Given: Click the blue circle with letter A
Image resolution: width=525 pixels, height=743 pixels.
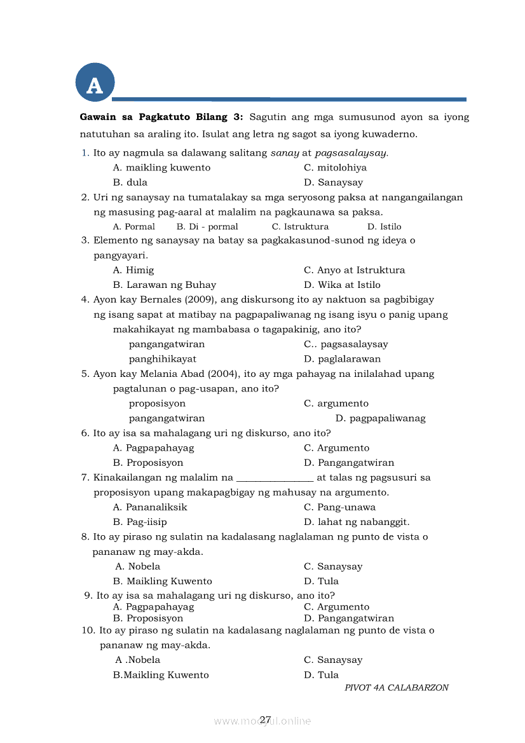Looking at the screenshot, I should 95,83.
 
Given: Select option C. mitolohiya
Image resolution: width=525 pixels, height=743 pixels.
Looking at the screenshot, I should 335,168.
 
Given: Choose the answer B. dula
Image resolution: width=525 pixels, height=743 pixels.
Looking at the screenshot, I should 130,182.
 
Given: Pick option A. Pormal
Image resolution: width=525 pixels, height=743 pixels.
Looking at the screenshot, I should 133,227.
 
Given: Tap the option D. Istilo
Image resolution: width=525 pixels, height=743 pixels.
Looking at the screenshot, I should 384,227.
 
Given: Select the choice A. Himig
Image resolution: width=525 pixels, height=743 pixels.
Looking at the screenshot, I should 133,270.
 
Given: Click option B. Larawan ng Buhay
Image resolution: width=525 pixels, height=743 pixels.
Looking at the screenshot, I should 165,285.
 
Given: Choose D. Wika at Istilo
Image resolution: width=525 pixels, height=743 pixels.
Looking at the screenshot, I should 342,285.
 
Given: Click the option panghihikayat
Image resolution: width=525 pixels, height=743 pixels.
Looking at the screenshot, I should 163,359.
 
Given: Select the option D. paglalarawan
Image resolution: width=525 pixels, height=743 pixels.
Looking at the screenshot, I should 342,359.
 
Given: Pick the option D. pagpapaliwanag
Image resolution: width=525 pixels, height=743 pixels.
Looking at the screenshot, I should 380,418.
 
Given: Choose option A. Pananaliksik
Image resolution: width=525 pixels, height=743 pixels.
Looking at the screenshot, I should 150,507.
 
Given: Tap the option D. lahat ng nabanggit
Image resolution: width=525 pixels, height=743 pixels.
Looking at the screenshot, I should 357,522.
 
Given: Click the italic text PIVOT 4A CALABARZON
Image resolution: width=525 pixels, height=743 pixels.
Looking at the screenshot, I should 397,688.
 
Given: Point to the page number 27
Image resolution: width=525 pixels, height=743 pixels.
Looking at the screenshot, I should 266,719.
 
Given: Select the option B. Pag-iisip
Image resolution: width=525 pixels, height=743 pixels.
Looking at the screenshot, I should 140,522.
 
